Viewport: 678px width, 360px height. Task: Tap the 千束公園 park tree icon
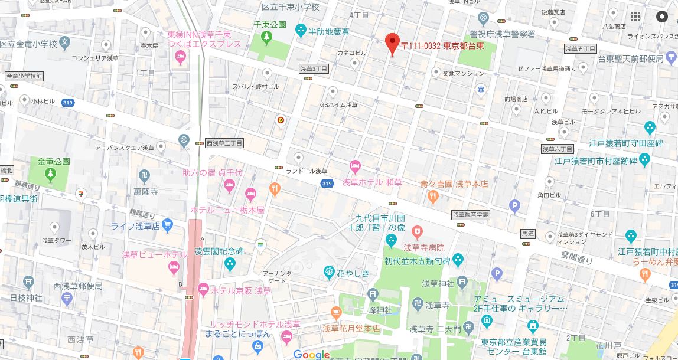pyautogui.click(x=266, y=38)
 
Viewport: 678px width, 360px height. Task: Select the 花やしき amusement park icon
pyautogui.click(x=330, y=271)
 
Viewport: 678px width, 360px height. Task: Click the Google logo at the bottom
pyautogui.click(x=311, y=354)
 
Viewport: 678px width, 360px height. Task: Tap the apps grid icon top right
pyautogui.click(x=635, y=17)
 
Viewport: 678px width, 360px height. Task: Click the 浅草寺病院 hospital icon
pyautogui.click(x=417, y=230)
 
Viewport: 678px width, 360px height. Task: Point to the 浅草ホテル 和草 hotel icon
pyautogui.click(x=354, y=166)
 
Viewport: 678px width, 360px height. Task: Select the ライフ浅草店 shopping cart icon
pyautogui.click(x=167, y=225)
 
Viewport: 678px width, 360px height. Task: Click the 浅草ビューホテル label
pyautogui.click(x=151, y=254)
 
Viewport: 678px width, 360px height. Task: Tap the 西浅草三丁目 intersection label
pyautogui.click(x=224, y=143)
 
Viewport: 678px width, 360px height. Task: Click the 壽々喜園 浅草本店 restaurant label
pyautogui.click(x=454, y=184)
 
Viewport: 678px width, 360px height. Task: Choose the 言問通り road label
pyautogui.click(x=576, y=257)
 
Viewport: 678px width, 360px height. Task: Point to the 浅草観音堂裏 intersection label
pyautogui.click(x=471, y=215)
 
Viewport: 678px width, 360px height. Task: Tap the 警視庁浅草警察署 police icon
pyautogui.click(x=484, y=18)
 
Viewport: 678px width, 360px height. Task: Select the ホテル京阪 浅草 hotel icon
pyautogui.click(x=204, y=289)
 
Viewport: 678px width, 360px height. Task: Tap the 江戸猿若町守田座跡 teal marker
pyautogui.click(x=650, y=127)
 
